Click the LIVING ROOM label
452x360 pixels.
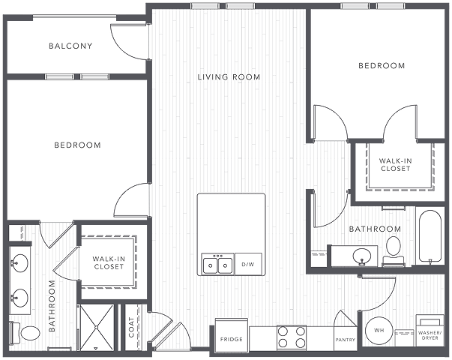pyautogui.click(x=229, y=77)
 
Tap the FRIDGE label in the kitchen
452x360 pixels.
pyautogui.click(x=231, y=339)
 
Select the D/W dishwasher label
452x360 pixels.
pyautogui.click(x=248, y=265)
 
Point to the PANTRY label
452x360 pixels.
pyautogui.click(x=345, y=339)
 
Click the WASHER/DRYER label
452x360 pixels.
pyautogui.click(x=430, y=334)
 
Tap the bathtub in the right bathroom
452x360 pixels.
pyautogui.click(x=430, y=236)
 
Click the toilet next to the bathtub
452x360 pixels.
pyautogui.click(x=394, y=248)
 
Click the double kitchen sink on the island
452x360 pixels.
pyautogui.click(x=217, y=264)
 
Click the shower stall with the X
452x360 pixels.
pyautogui.click(x=97, y=327)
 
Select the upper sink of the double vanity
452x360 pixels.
pyautogui.click(x=20, y=262)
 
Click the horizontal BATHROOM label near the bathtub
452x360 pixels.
pyautogui.click(x=375, y=229)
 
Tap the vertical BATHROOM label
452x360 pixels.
pyautogui.click(x=52, y=306)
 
